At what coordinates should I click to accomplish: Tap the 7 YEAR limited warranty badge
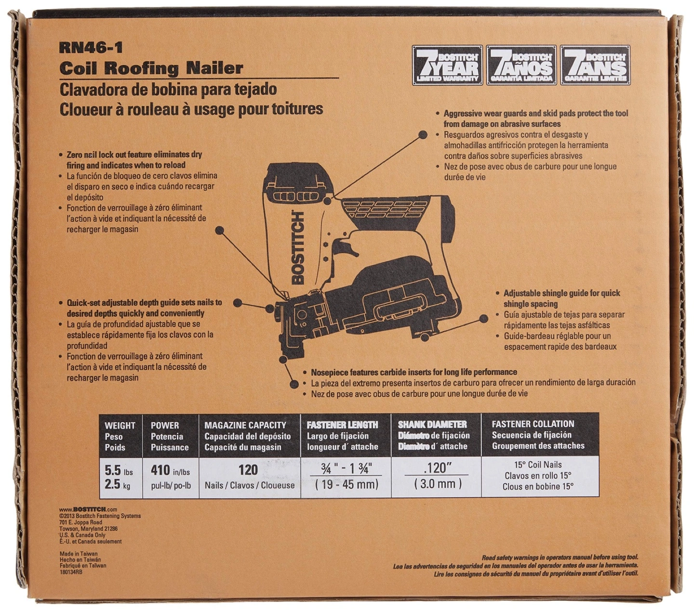pyautogui.click(x=447, y=65)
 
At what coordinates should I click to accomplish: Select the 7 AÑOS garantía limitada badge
pyautogui.click(x=521, y=65)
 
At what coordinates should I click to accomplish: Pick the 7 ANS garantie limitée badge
pyautogui.click(x=596, y=65)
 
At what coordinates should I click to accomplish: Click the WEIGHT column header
pyautogui.click(x=120, y=425)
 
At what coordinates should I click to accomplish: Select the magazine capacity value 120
pyautogui.click(x=248, y=470)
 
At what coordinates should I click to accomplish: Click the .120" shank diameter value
pyautogui.click(x=435, y=468)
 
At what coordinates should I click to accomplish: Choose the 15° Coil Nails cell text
pyautogui.click(x=538, y=465)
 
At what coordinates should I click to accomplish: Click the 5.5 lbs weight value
pyautogui.click(x=119, y=471)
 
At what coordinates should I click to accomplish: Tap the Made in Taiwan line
pyautogui.click(x=79, y=554)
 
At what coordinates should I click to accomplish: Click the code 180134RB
pyautogui.click(x=71, y=571)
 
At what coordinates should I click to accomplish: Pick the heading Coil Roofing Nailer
pyautogui.click(x=151, y=68)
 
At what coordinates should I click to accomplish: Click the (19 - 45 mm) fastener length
pyautogui.click(x=347, y=484)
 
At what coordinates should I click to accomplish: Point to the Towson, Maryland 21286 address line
pyautogui.click(x=88, y=529)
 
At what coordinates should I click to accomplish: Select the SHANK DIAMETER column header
pyautogui.click(x=432, y=424)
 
